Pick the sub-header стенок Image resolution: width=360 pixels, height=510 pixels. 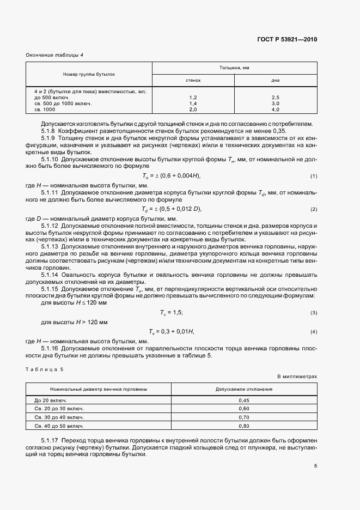[193, 80]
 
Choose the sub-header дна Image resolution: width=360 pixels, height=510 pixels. [275, 80]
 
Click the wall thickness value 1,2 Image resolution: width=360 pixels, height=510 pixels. [193, 97]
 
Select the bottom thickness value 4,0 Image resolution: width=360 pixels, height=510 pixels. [275, 109]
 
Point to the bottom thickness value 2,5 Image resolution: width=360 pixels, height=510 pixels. [275, 97]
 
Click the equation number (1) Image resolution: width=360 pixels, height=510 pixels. [314, 176]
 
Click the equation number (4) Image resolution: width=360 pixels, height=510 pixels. [314, 332]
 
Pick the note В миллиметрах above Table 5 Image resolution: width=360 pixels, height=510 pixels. [297, 377]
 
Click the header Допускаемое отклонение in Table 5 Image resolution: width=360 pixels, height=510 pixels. [244, 390]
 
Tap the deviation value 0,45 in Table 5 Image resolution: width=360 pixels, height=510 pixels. [244, 400]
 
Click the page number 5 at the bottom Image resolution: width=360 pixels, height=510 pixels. [315, 466]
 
